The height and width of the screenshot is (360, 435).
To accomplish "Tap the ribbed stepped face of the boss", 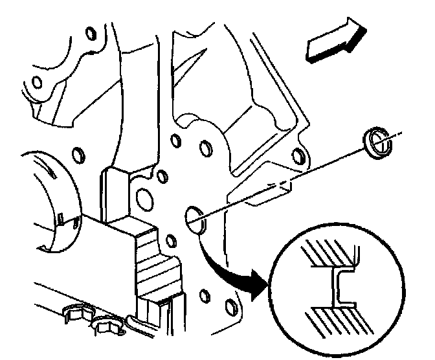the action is [x=155, y=265].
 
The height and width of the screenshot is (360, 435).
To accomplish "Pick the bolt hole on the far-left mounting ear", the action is [x=38, y=82].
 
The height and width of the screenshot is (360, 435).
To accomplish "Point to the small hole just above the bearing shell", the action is [x=80, y=155].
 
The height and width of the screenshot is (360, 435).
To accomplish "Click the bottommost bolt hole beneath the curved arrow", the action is [x=205, y=298].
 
